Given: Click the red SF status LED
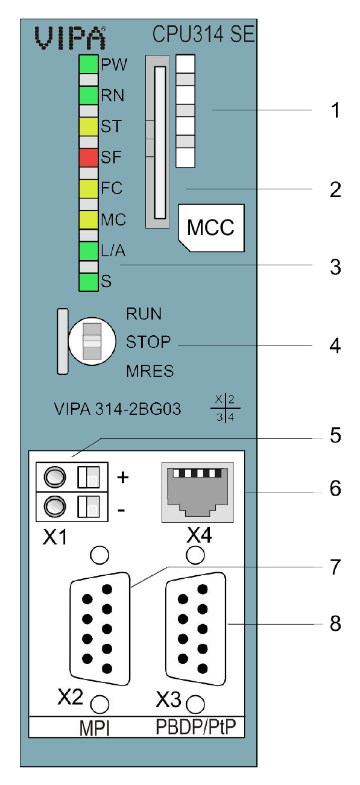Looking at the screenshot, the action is [x=88, y=157].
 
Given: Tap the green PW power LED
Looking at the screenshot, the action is [x=88, y=64].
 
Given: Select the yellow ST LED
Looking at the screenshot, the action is [x=88, y=127].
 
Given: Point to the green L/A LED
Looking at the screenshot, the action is [x=88, y=251].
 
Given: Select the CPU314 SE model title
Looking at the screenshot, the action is [x=203, y=34].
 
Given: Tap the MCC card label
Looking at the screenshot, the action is [x=211, y=228].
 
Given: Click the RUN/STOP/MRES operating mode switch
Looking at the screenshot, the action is [x=92, y=341].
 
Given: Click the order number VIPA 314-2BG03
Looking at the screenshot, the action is [x=118, y=409].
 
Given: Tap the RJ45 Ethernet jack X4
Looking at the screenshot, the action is [x=198, y=493].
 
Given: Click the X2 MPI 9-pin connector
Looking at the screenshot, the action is [x=100, y=629].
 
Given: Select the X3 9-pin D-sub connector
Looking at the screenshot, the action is [x=195, y=629].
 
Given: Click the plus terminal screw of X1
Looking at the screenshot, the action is [x=55, y=477].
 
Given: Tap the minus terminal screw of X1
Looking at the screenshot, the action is [x=55, y=506].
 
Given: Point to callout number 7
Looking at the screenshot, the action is [x=335, y=567].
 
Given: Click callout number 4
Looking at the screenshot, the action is [x=335, y=346].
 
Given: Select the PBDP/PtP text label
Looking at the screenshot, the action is [x=195, y=727].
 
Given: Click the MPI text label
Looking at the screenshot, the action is [x=94, y=728].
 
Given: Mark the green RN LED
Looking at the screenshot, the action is [x=88, y=95].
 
